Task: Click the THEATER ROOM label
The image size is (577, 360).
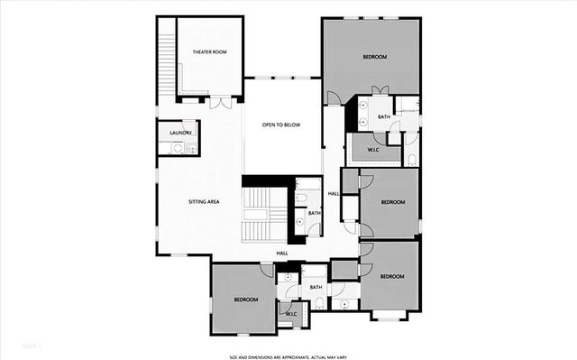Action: pyautogui.click(x=209, y=52)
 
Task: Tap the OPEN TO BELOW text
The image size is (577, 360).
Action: pyautogui.click(x=280, y=125)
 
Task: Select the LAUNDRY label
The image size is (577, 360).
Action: pyautogui.click(x=179, y=134)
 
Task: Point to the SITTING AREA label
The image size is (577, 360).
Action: pyautogui.click(x=204, y=202)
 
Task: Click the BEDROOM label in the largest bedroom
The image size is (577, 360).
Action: pyautogui.click(x=375, y=57)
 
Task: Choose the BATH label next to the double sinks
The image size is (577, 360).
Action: pyautogui.click(x=384, y=116)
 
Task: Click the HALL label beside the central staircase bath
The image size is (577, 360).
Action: pyautogui.click(x=334, y=194)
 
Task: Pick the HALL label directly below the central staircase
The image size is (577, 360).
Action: pyautogui.click(x=282, y=254)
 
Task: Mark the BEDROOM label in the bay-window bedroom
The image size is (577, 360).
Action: pyautogui.click(x=392, y=276)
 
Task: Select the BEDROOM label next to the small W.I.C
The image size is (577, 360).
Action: pyautogui.click(x=246, y=300)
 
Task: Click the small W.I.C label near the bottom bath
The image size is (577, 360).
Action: pyautogui.click(x=292, y=314)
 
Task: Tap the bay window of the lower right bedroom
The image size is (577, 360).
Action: pyautogui.click(x=390, y=316)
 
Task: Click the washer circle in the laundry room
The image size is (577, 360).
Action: pyautogui.click(x=178, y=148)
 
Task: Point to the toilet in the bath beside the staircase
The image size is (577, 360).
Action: pyautogui.click(x=300, y=220)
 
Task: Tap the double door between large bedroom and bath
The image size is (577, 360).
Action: pyautogui.click(x=380, y=91)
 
